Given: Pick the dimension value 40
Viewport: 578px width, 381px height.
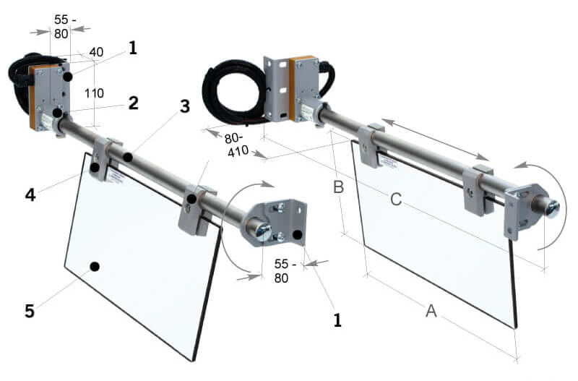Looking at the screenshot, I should (96, 53).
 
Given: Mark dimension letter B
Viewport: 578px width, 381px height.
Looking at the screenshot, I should (337, 189).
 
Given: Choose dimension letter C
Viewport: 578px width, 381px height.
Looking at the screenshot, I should (395, 200).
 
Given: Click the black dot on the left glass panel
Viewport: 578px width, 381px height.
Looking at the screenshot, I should (95, 267).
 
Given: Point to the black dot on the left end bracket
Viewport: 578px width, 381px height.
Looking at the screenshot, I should (298, 233).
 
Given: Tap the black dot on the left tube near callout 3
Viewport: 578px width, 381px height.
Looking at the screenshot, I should (127, 157).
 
